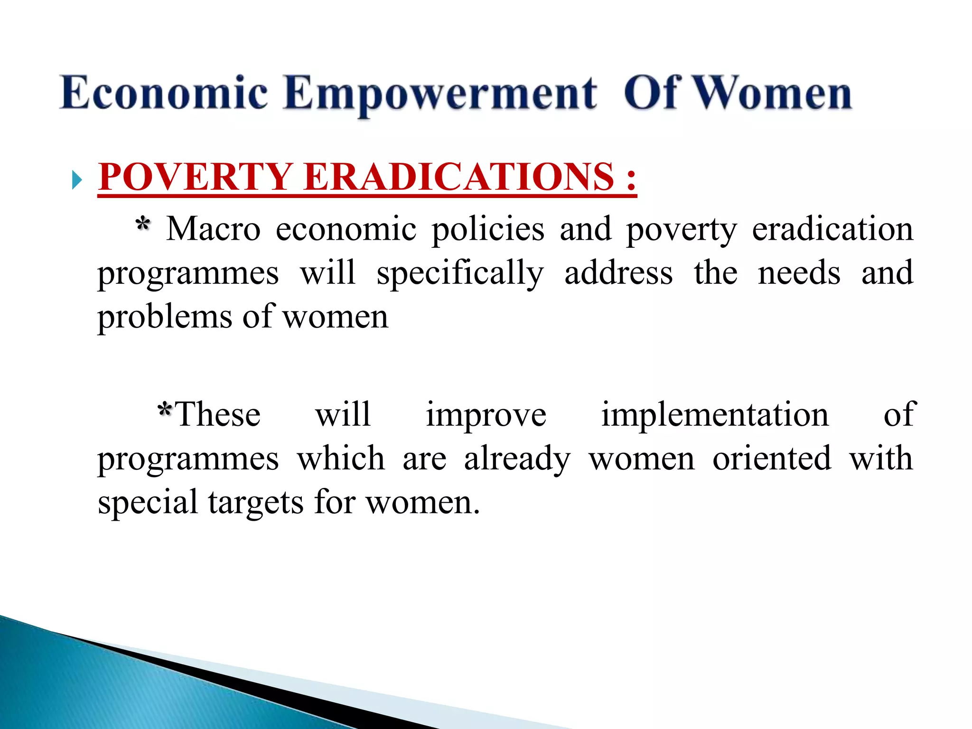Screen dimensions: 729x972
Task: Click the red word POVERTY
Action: [195, 177]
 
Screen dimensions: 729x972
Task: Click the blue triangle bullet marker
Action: [77, 180]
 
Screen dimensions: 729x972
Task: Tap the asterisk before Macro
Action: [143, 224]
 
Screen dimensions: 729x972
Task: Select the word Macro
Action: [213, 229]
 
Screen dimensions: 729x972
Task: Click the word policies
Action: [488, 230]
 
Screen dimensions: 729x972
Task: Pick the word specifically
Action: [460, 274]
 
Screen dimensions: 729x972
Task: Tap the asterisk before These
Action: [165, 409]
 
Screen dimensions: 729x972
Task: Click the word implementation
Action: [715, 415]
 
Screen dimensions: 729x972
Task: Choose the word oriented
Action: [772, 459]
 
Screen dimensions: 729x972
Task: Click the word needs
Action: [799, 273]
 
